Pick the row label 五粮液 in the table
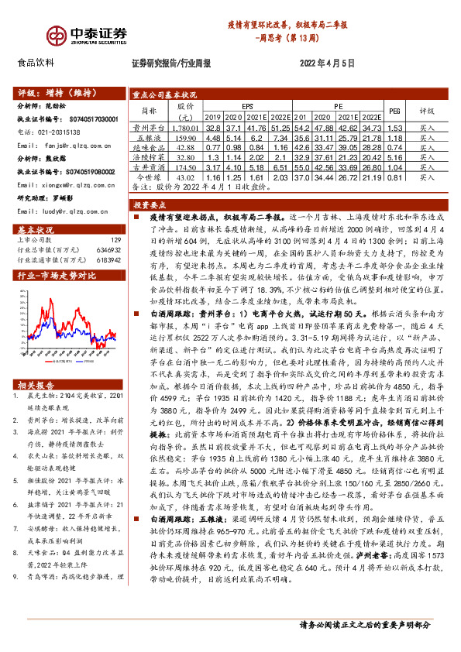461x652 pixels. coord(146,137)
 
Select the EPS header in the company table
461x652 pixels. coord(248,105)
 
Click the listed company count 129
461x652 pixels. coord(116,241)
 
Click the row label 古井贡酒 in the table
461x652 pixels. coord(146,167)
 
